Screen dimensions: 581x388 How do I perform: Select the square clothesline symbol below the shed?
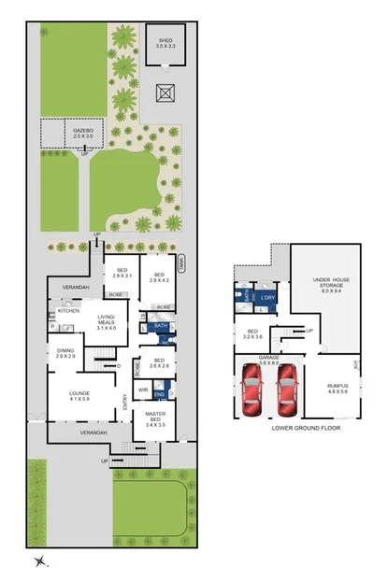[x=165, y=93]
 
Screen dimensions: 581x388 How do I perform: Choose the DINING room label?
[x=65, y=353]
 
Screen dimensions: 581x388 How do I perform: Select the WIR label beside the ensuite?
[x=143, y=390]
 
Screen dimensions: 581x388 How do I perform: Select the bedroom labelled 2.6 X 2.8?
[x=159, y=363]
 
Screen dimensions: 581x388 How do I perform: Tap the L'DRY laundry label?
[x=267, y=298]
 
